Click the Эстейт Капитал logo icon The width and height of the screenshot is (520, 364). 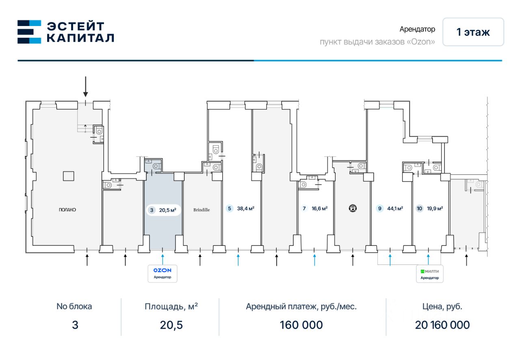pyautogui.click(x=29, y=32)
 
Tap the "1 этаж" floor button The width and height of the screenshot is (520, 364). pyautogui.click(x=473, y=32)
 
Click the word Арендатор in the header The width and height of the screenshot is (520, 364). pyautogui.click(x=417, y=29)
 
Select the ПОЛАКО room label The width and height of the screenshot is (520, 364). pyautogui.click(x=67, y=210)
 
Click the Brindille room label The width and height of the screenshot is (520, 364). pyautogui.click(x=201, y=210)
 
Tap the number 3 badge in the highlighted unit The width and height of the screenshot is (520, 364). pyautogui.click(x=152, y=210)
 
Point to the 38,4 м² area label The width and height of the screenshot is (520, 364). pyautogui.click(x=246, y=208)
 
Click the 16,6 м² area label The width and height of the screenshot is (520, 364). pyautogui.click(x=319, y=208)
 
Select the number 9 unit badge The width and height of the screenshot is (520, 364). pyautogui.click(x=379, y=208)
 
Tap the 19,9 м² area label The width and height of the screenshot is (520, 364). pyautogui.click(x=435, y=208)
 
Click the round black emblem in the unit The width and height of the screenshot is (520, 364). pyautogui.click(x=353, y=208)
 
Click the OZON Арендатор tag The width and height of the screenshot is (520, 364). pyautogui.click(x=162, y=273)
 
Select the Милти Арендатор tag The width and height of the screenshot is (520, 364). pyautogui.click(x=430, y=274)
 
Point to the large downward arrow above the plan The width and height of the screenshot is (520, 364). pyautogui.click(x=86, y=87)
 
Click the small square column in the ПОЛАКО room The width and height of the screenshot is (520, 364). pyautogui.click(x=69, y=176)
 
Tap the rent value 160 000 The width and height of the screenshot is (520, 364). pyautogui.click(x=301, y=325)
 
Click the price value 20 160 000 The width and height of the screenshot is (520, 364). pyautogui.click(x=442, y=325)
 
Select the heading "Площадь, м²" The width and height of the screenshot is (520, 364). pyautogui.click(x=171, y=306)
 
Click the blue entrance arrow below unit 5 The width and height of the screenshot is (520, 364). pyautogui.click(x=238, y=260)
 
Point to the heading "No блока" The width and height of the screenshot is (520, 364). pyautogui.click(x=74, y=306)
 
